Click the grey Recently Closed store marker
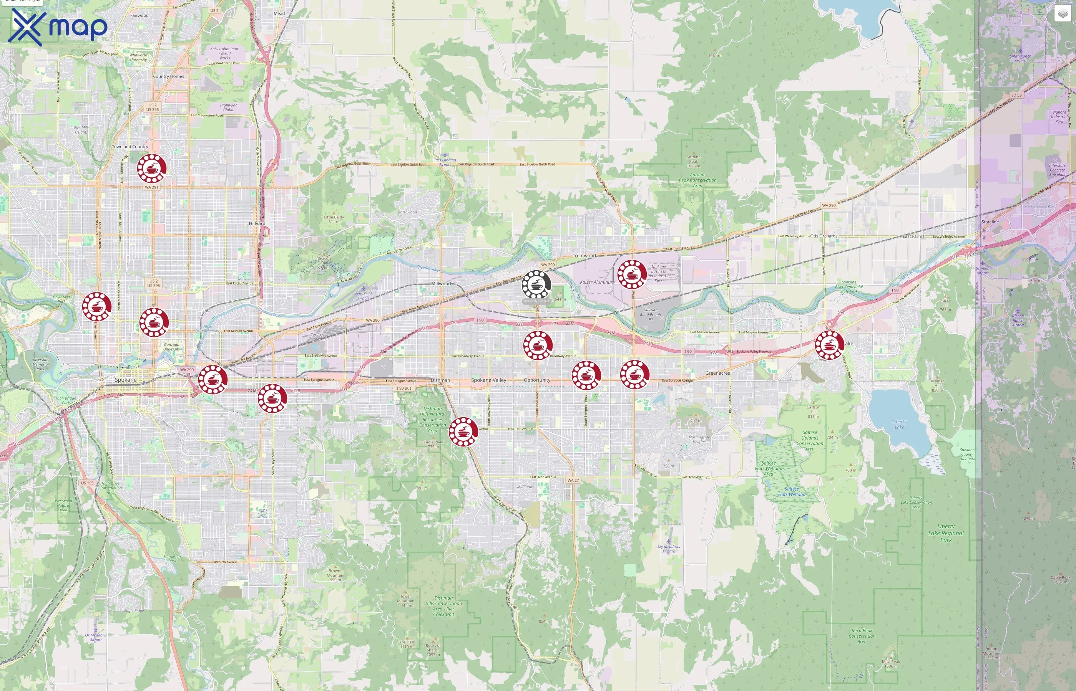click(x=536, y=284)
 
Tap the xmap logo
click(x=58, y=27)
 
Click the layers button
click(x=1062, y=14)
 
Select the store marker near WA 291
click(x=152, y=168)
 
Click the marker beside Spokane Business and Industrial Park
click(x=632, y=274)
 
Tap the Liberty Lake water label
click(x=899, y=425)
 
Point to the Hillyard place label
click(x=257, y=223)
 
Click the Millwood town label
click(x=440, y=284)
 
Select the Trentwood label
click(x=584, y=256)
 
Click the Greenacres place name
click(x=717, y=373)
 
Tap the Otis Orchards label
click(x=824, y=236)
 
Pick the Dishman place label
click(x=440, y=380)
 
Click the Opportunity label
click(x=536, y=380)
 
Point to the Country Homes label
click(x=168, y=76)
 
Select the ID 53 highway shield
click(x=1017, y=95)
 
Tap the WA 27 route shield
click(x=573, y=481)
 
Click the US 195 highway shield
click(x=87, y=483)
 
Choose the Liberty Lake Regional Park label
click(x=946, y=533)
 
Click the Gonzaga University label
click(x=171, y=347)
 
